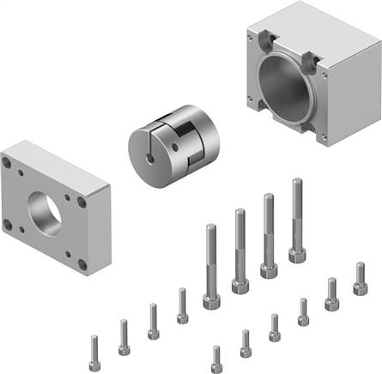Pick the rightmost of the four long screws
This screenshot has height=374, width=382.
[297, 220]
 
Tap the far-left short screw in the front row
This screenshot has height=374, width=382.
[94, 348]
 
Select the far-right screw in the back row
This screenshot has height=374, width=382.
[360, 280]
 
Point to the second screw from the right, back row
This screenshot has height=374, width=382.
[331, 293]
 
